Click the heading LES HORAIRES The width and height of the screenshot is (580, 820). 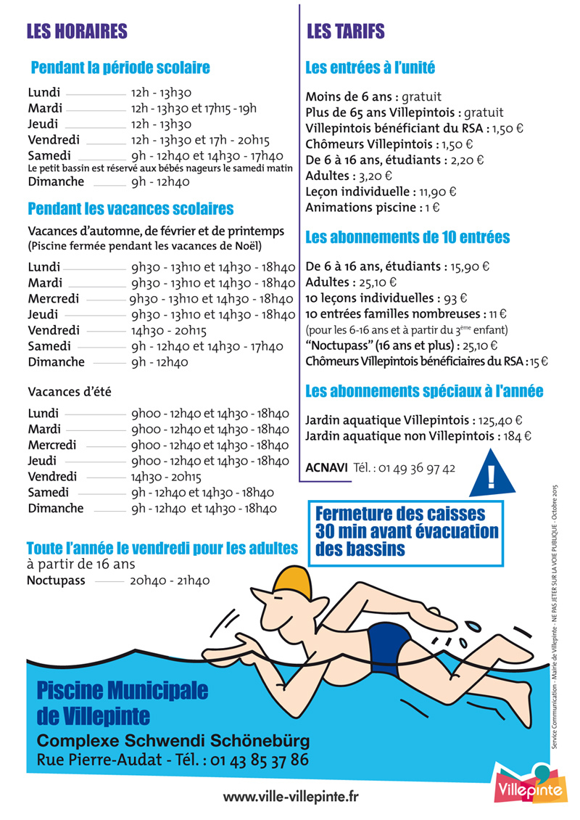point(77,31)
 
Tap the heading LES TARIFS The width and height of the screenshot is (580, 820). point(346,31)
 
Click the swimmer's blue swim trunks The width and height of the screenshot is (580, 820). point(389,641)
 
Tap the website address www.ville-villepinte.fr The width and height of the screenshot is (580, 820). point(291,796)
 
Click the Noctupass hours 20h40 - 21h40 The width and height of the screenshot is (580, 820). point(170,581)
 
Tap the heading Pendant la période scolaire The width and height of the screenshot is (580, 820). point(120,68)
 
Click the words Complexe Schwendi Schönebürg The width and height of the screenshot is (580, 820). point(173,741)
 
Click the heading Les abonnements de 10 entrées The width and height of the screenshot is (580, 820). point(407,237)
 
